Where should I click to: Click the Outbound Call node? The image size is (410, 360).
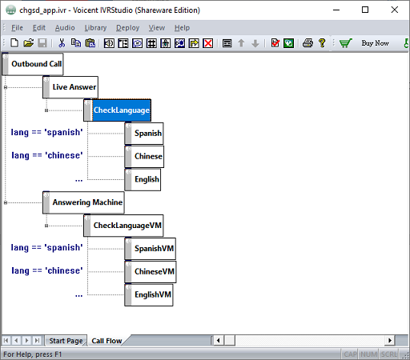tap(33, 64)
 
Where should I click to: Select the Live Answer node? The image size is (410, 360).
tap(70, 87)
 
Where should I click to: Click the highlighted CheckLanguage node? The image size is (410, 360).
tap(118, 110)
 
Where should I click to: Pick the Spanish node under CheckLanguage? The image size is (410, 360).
tap(144, 134)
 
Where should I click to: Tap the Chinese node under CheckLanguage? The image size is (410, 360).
tap(144, 156)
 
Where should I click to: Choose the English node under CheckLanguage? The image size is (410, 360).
tap(143, 179)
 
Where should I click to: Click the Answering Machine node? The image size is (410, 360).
tap(83, 202)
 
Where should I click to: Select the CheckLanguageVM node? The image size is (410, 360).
tap(123, 226)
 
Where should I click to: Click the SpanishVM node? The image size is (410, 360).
tap(151, 249)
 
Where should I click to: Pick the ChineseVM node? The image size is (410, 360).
tap(151, 272)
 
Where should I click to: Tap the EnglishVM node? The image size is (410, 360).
tap(149, 294)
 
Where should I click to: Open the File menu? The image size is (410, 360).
tap(17, 28)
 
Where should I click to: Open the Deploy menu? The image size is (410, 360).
tap(127, 28)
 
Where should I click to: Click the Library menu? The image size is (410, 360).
tap(95, 28)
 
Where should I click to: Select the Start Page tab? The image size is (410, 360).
tap(66, 341)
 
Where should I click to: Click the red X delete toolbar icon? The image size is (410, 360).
tap(208, 43)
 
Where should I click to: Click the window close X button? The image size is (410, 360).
tap(395, 10)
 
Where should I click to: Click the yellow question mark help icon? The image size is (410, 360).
tap(322, 43)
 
